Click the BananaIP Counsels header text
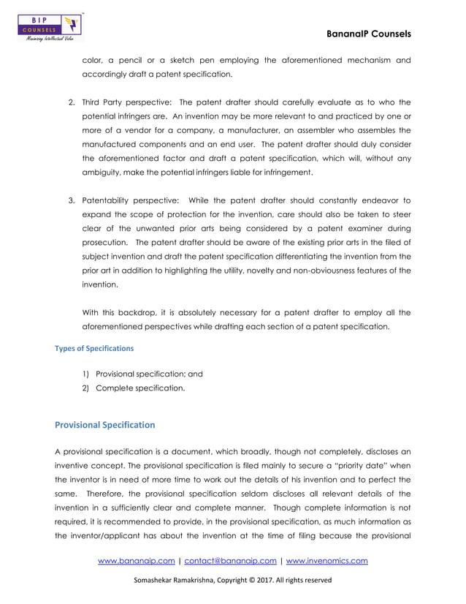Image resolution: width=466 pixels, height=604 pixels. (370, 34)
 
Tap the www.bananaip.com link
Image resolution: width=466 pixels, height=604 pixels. (136, 561)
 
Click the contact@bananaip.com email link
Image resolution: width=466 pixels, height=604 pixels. (230, 561)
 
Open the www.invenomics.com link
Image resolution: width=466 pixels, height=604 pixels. (326, 561)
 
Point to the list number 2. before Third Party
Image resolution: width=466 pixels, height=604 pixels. (72, 102)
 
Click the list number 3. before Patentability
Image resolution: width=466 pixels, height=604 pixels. (72, 200)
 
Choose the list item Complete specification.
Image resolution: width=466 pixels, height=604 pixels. (140, 388)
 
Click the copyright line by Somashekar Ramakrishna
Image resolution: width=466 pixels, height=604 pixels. (232, 581)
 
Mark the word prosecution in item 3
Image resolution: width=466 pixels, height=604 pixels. (106, 243)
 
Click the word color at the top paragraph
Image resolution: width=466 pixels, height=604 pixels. (93, 60)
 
